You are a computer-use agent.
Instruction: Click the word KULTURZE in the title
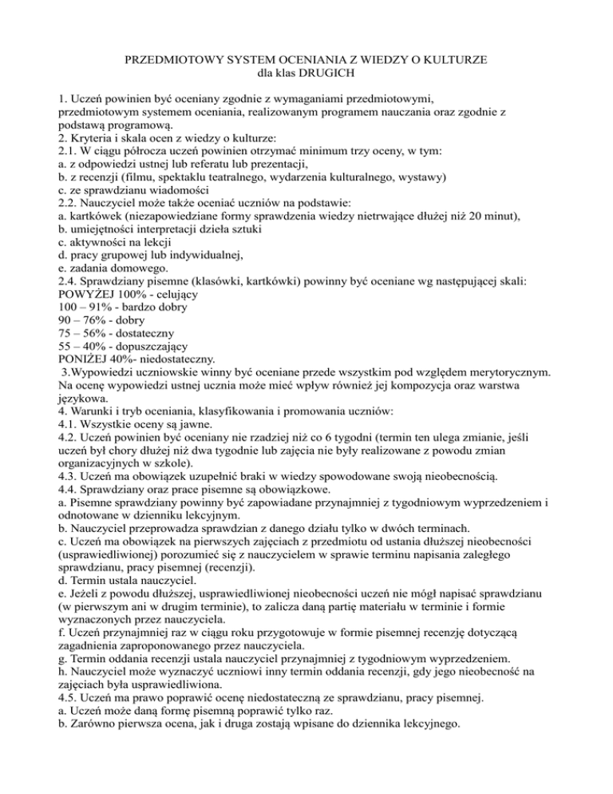click(449, 62)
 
